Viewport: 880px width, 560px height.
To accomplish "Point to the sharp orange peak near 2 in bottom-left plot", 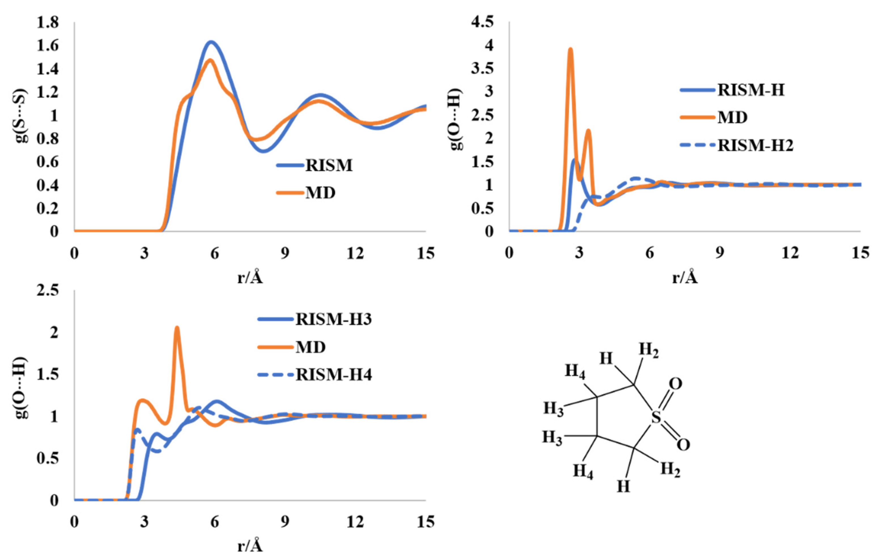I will tap(177, 328).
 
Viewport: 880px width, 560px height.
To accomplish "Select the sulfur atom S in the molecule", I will tap(656, 417).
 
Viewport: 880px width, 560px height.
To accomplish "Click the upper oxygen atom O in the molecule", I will tap(675, 384).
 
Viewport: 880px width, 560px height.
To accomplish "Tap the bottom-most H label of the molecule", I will tap(624, 486).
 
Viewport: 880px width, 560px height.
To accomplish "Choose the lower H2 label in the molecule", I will tap(670, 469).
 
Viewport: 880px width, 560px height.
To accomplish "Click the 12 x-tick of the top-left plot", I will tap(355, 253).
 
